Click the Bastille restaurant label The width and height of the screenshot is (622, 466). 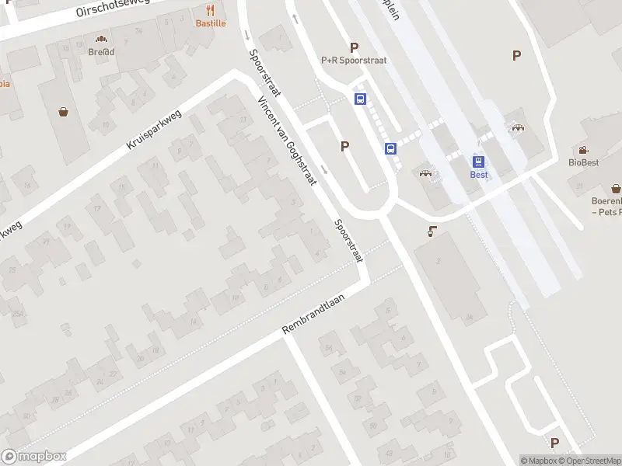pyautogui.click(x=211, y=23)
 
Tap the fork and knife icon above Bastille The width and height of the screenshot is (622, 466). pyautogui.click(x=211, y=10)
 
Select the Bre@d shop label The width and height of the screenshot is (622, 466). pyautogui.click(x=101, y=51)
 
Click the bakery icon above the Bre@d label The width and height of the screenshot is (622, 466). pyautogui.click(x=101, y=39)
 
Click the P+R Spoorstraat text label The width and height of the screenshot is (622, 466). pyautogui.click(x=354, y=60)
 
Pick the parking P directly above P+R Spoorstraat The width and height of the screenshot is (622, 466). pyautogui.click(x=355, y=47)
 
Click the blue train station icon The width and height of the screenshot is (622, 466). pyautogui.click(x=479, y=161)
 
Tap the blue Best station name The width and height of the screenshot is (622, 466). pyautogui.click(x=479, y=175)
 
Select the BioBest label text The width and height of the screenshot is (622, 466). pyautogui.click(x=583, y=162)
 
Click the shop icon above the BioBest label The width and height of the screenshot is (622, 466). pyautogui.click(x=583, y=150)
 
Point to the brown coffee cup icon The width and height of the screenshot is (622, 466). pyautogui.click(x=432, y=231)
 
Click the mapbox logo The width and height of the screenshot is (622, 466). pyautogui.click(x=33, y=457)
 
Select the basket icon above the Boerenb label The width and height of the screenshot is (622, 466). pyautogui.click(x=616, y=188)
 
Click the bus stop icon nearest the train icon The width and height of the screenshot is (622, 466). pyautogui.click(x=390, y=148)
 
